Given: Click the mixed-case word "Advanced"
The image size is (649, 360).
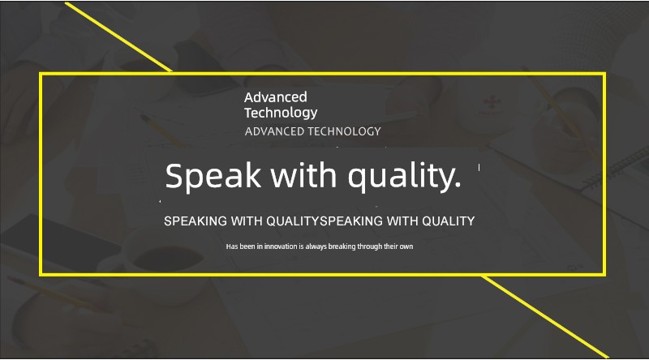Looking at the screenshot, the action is [x=276, y=97].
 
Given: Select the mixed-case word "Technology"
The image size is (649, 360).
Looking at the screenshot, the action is [x=281, y=113].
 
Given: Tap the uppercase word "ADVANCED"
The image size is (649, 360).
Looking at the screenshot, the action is [x=274, y=131].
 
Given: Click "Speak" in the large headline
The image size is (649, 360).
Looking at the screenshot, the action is [x=213, y=176].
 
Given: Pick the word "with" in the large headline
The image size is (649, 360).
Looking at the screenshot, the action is [x=303, y=175].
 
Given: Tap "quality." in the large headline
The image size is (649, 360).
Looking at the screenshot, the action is [x=404, y=177].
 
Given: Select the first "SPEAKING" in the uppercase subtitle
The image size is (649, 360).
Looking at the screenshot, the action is [x=196, y=221].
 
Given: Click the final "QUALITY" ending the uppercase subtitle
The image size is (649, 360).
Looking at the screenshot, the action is [x=449, y=221].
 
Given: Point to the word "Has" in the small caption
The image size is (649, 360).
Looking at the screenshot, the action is [x=232, y=246].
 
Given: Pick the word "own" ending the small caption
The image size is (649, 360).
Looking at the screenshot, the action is [x=406, y=247].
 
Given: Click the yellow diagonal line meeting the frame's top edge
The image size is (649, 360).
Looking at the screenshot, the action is [x=118, y=37].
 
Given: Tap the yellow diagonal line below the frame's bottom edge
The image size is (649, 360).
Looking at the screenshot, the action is [x=545, y=316].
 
